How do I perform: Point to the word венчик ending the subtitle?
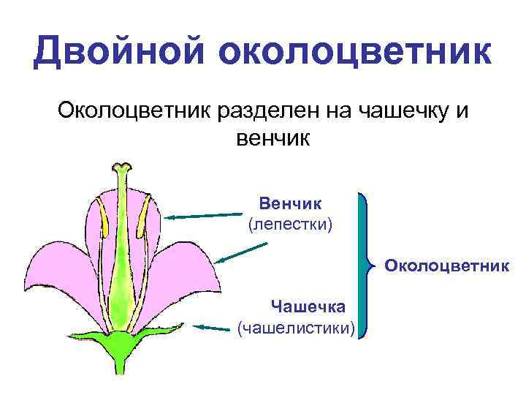pyautogui.click(x=272, y=137)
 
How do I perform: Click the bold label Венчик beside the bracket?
pyautogui.click(x=290, y=201)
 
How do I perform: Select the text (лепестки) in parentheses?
pyautogui.click(x=290, y=224)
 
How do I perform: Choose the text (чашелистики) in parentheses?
pyautogui.click(x=297, y=328)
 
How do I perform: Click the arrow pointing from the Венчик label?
pyautogui.click(x=203, y=216)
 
